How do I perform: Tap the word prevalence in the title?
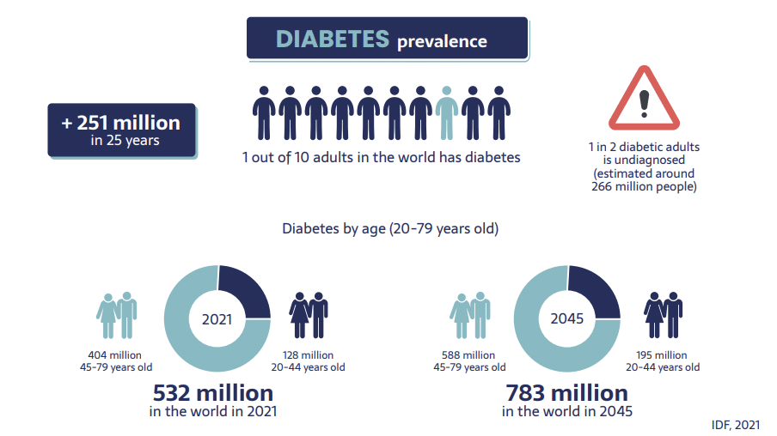(x=442, y=41)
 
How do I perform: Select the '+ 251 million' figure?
(x=121, y=123)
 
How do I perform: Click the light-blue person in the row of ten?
(x=446, y=112)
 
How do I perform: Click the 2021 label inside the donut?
(x=217, y=318)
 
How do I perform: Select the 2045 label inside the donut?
(x=566, y=318)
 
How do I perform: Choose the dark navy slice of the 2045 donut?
(x=594, y=291)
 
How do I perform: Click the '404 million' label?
(x=115, y=354)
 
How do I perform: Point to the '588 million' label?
(x=468, y=354)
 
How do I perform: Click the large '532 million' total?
(x=213, y=393)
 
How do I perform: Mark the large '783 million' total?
(x=567, y=393)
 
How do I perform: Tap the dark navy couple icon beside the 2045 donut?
(x=663, y=314)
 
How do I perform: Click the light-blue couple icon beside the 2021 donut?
(x=117, y=315)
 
